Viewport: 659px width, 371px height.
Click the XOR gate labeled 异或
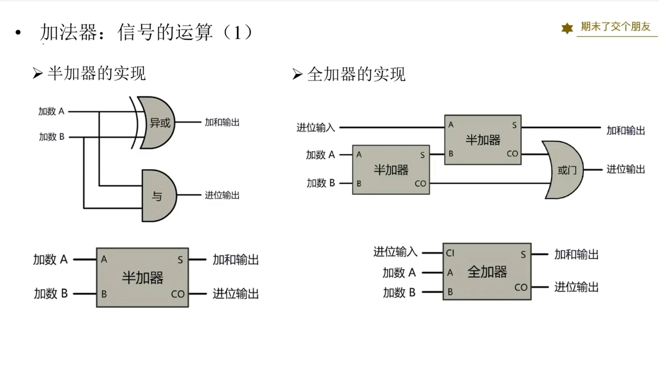pos(158,123)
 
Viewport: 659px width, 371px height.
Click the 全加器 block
pos(487,272)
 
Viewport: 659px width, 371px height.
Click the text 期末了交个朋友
pos(616,27)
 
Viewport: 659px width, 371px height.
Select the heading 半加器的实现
pos(96,73)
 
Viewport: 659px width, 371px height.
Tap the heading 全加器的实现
pos(356,74)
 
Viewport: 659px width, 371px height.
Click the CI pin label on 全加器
pos(450,253)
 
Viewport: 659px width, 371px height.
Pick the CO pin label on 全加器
pos(521,288)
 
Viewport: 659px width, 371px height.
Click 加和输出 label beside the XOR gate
pos(222,123)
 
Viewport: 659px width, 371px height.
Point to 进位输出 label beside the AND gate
pos(222,195)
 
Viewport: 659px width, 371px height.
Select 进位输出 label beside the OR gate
pos(625,169)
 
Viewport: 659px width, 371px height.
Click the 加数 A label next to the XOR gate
pos(51,111)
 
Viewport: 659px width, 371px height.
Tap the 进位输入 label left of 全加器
pos(395,252)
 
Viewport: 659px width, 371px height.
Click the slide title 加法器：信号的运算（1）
pos(147,33)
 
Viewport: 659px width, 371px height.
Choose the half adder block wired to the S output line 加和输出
pos(482,140)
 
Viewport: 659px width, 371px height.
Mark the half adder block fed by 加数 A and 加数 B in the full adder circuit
pos(391,170)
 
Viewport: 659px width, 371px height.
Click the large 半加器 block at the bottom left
pos(142,278)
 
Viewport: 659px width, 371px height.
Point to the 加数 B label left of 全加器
pos(399,293)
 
